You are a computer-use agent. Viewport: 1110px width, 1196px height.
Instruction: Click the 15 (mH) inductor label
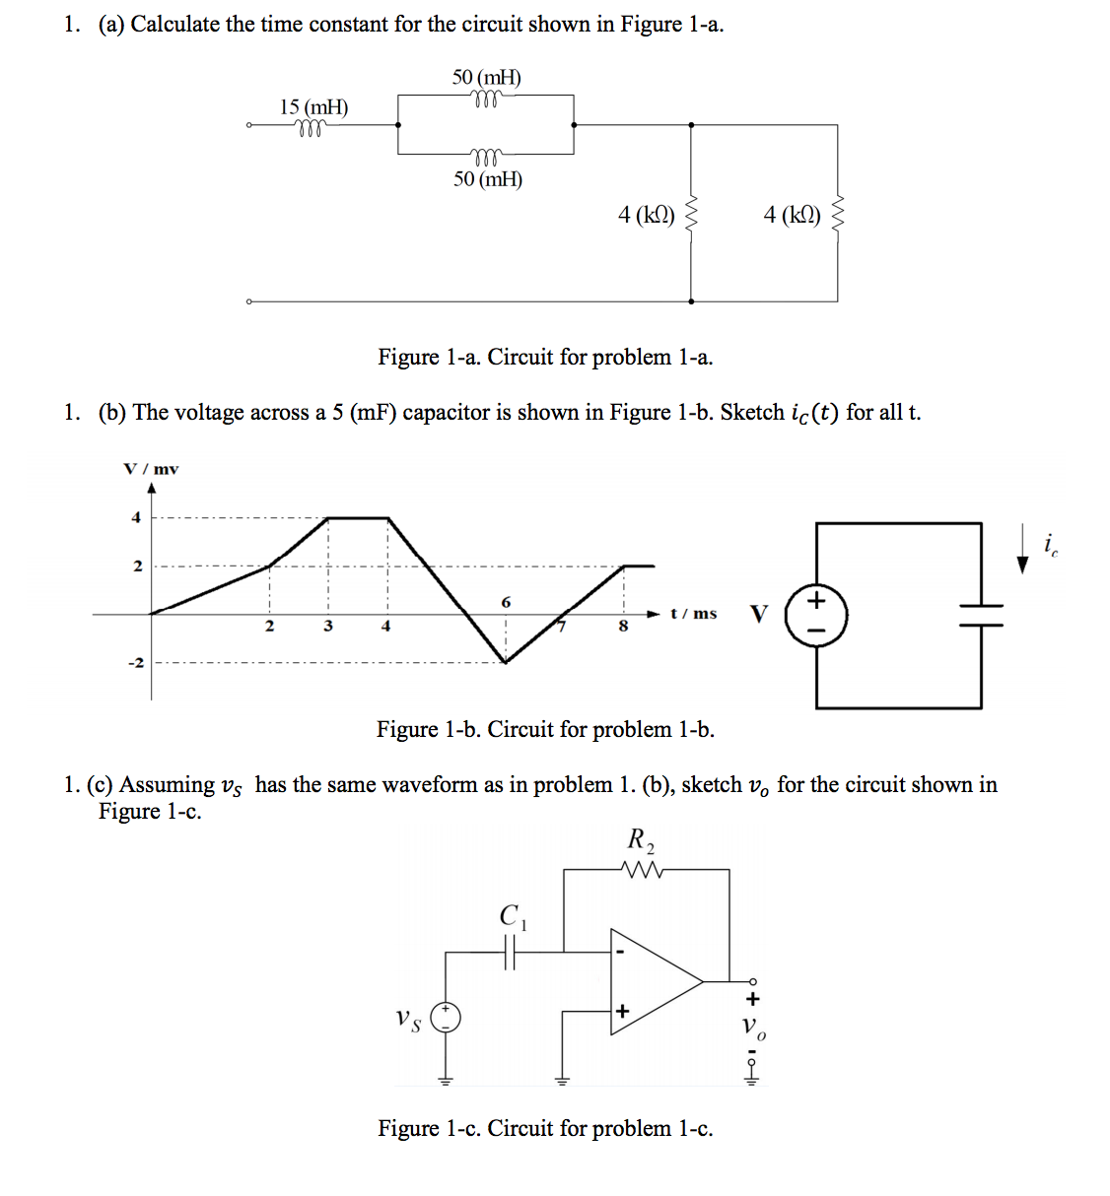(313, 107)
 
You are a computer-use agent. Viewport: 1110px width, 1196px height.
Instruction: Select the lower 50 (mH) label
(488, 179)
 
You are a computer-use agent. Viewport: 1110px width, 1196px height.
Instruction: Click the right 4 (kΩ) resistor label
(792, 215)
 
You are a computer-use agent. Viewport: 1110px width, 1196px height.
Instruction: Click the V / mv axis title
(151, 469)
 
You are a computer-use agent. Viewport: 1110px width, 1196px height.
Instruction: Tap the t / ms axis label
(694, 614)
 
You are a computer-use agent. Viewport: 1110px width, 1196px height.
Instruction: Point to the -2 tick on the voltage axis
(136, 663)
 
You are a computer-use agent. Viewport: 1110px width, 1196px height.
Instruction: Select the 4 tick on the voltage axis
(136, 517)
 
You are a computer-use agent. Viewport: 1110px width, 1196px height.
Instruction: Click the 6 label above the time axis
(506, 602)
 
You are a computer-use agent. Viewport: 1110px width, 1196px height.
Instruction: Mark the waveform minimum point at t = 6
(506, 662)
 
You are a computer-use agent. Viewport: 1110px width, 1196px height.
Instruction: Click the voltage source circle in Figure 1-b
(816, 615)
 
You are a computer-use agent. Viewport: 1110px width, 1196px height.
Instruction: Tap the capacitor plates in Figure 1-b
(981, 616)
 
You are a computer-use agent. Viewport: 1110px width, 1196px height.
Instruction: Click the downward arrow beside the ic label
(1022, 548)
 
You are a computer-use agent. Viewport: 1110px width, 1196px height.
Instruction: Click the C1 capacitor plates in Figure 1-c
(510, 952)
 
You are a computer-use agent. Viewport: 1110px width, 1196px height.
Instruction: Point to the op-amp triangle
(657, 981)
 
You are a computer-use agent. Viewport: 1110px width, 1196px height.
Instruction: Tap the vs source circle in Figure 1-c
(446, 1019)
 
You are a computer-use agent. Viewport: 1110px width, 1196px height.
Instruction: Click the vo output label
(753, 1026)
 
